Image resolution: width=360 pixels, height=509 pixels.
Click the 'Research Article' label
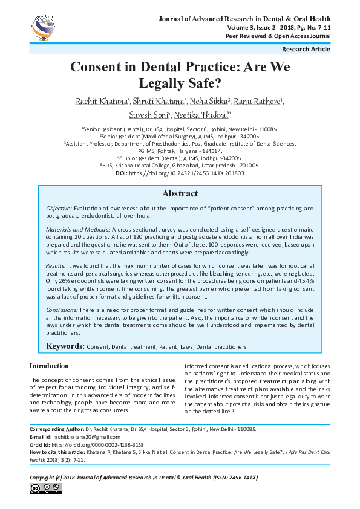coord(306,50)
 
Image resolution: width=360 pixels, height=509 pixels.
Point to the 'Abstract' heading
coord(180,194)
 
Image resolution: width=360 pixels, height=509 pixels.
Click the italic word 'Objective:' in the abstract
coord(59,209)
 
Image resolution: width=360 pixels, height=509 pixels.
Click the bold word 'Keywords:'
coord(65,346)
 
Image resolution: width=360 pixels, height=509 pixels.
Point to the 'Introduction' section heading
coord(49,366)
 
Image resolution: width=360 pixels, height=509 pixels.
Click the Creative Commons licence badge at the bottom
coord(43,488)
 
